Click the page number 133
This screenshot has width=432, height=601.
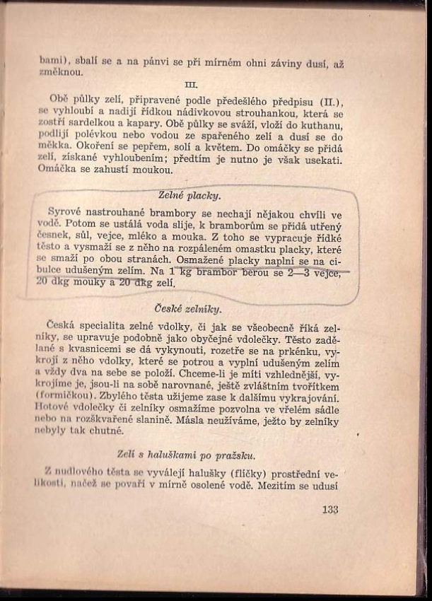pos(329,509)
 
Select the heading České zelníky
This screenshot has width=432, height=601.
pos(188,309)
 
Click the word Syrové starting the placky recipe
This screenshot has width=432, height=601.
pos(66,212)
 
